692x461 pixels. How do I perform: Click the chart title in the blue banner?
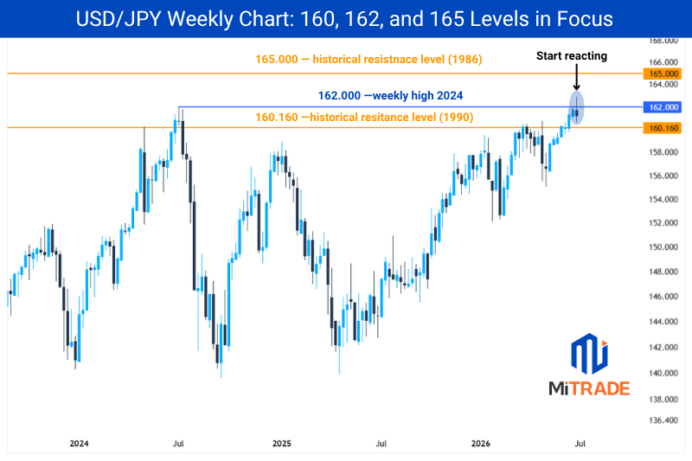click(344, 19)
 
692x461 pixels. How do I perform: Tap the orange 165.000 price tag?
click(663, 74)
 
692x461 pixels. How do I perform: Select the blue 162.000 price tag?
click(663, 107)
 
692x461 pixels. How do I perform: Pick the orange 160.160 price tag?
click(663, 128)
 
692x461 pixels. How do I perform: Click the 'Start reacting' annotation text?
click(572, 56)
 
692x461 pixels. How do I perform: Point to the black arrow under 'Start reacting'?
click(576, 77)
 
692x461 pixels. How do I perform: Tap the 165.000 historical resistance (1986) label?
click(368, 59)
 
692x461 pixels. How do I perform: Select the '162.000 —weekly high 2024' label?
click(391, 95)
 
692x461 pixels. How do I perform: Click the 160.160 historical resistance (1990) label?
click(364, 118)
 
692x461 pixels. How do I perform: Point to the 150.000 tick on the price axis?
click(663, 247)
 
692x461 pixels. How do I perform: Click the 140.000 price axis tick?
click(663, 374)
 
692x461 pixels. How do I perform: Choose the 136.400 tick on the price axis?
click(663, 420)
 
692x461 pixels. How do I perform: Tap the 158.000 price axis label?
click(663, 152)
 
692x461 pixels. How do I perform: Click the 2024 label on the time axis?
click(79, 444)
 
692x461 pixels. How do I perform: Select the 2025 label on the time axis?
click(282, 444)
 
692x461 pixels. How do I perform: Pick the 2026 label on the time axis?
click(481, 444)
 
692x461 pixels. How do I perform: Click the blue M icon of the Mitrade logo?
click(589, 353)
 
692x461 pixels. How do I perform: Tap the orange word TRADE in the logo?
click(603, 388)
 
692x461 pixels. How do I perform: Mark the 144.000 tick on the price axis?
click(663, 322)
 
